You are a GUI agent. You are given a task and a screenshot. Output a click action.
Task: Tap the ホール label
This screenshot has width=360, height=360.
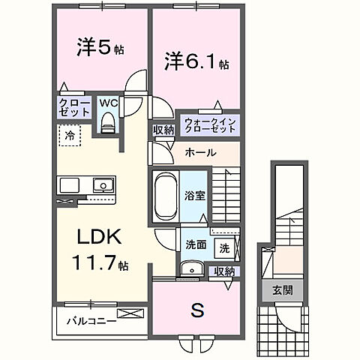tap(201, 152)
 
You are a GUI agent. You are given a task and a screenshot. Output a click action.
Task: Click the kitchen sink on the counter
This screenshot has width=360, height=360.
tap(100, 185)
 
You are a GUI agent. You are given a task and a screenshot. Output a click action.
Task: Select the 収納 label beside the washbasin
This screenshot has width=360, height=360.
tap(223, 271)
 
